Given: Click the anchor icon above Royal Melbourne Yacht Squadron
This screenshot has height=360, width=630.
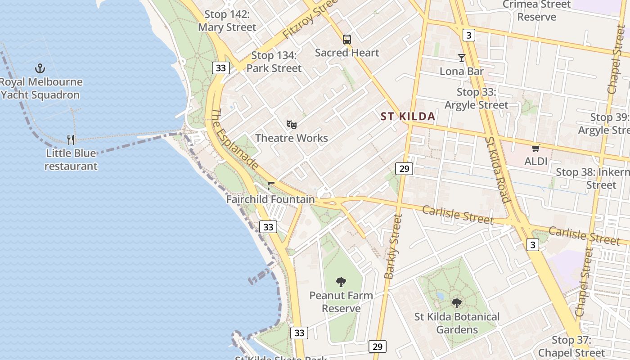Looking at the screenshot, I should [40, 68].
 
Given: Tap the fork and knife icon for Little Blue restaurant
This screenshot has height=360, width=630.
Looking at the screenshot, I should [71, 139].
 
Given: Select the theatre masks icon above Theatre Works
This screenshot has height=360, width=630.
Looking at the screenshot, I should [292, 124].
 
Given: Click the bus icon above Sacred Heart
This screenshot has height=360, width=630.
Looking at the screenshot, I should [346, 40].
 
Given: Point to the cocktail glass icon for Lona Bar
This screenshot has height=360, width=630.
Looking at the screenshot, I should [461, 58].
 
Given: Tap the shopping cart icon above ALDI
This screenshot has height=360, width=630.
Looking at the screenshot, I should [535, 148].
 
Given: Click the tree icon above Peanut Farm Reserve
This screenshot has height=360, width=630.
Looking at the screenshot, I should [341, 282].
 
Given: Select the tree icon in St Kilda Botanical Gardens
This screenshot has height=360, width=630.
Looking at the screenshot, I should [457, 303].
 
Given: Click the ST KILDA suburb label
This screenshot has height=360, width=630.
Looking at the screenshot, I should [408, 117].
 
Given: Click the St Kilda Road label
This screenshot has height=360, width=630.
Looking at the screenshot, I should [497, 170].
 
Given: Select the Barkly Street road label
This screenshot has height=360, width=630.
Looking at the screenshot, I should [392, 247].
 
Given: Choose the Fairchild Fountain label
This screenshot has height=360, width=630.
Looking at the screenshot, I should [270, 199].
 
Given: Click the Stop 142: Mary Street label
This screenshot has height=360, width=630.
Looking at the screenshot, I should [227, 21].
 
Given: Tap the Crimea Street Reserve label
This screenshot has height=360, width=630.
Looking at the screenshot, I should [536, 11].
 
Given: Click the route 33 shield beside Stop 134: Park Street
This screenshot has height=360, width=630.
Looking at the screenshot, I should [220, 68].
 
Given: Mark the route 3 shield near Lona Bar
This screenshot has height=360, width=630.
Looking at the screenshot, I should [469, 35].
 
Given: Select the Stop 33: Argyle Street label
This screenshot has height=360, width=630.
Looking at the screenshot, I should [476, 99].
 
